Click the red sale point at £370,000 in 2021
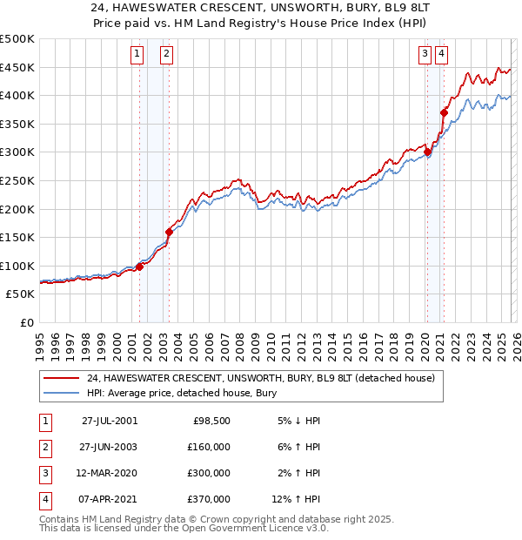444,112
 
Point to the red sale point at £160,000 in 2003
169,232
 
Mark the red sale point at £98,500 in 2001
140,267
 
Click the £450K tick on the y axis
17,67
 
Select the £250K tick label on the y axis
17,180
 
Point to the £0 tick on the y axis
28,322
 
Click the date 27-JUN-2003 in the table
109,447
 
